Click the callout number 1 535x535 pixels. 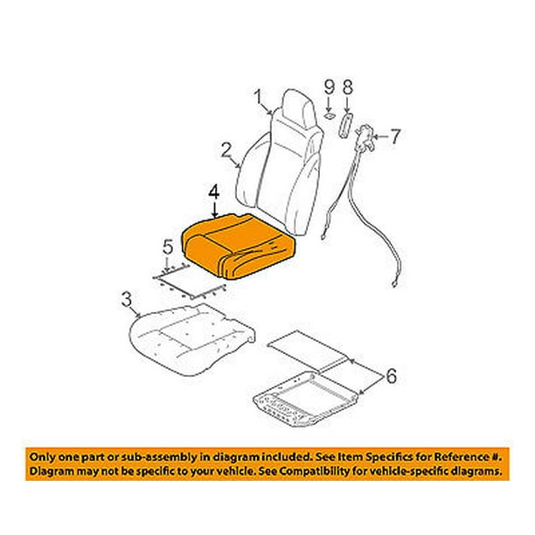pyautogui.click(x=258, y=97)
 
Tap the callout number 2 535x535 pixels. pyautogui.click(x=226, y=150)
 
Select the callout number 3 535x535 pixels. pyautogui.click(x=126, y=299)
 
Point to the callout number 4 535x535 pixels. pyautogui.click(x=214, y=193)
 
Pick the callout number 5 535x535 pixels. pyautogui.click(x=168, y=247)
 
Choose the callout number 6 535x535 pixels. pyautogui.click(x=391, y=376)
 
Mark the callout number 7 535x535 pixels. pyautogui.click(x=395, y=136)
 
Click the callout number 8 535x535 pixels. pyautogui.click(x=347, y=87)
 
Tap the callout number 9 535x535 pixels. pyautogui.click(x=330, y=87)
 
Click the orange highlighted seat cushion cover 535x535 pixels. pyautogui.click(x=239, y=245)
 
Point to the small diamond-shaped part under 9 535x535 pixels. pyautogui.click(x=330, y=116)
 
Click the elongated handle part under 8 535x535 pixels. pyautogui.click(x=345, y=126)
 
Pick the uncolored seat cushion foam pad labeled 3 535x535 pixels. pyautogui.click(x=191, y=339)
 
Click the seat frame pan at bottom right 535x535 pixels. pyautogui.click(x=306, y=399)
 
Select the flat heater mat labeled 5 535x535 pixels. pyautogui.click(x=190, y=281)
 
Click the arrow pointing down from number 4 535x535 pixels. pyautogui.click(x=214, y=210)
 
